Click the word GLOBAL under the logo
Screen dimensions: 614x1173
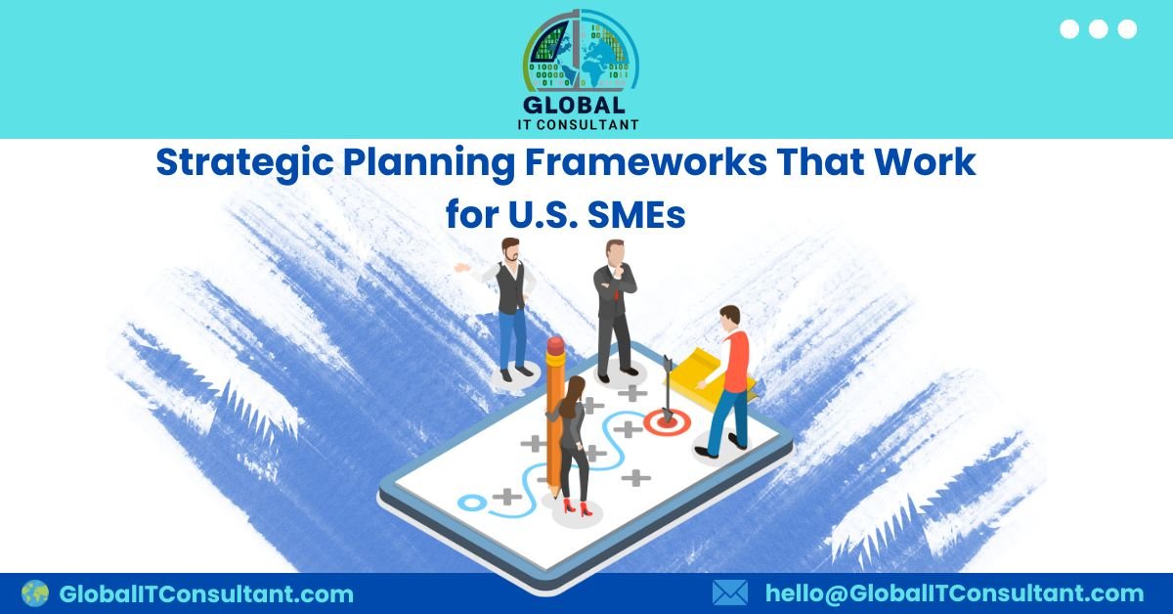(x=581, y=106)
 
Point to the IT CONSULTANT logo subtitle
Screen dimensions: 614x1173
(x=581, y=124)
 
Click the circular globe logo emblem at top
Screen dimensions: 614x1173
(x=581, y=51)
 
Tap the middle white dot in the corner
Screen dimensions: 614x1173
(x=1098, y=29)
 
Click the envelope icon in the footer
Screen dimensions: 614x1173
(x=729, y=592)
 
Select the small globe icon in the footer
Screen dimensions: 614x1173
(x=35, y=592)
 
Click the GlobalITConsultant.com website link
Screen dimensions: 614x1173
(x=206, y=593)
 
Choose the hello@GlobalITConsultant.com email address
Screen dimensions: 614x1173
(x=954, y=593)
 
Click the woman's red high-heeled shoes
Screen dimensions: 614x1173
(x=577, y=506)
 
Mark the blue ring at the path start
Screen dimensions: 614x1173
(x=472, y=503)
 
